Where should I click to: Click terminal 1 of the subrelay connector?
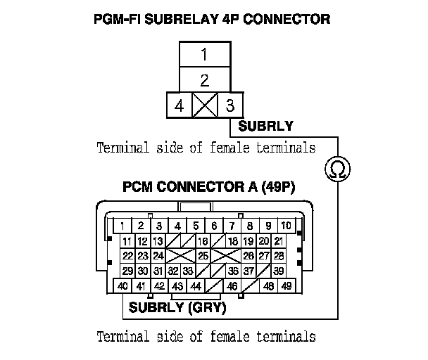203,54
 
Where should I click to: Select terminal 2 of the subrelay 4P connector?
203,79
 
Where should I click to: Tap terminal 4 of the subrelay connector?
179,106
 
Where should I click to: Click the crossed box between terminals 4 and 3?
203,106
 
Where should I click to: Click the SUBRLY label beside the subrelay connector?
265,127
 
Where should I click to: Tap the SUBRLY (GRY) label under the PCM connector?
177,308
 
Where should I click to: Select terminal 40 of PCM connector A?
122,286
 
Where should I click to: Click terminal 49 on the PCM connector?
287,286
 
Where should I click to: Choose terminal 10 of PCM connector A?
286,226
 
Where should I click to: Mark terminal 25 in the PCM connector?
203,256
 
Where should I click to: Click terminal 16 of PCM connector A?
203,241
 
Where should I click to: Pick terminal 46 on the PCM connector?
232,286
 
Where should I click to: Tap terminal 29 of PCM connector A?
127,271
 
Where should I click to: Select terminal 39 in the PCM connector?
279,271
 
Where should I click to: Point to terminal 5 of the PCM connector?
196,226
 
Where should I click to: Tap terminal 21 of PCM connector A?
279,241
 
